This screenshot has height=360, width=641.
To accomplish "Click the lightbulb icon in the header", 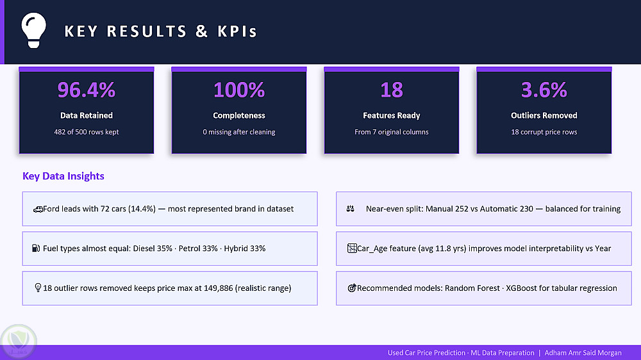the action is (33, 30).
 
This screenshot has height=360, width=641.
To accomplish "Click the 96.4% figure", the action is (87, 90).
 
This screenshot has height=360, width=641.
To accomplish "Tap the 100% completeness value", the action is (238, 90).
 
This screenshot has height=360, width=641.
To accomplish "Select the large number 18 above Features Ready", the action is (391, 90).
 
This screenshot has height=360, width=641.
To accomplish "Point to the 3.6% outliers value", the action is (544, 90).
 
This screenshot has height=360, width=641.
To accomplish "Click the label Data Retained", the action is (87, 116).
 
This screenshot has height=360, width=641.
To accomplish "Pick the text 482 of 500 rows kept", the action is (87, 132).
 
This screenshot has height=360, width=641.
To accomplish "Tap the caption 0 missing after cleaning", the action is (238, 132).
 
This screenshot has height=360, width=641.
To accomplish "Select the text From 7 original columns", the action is (391, 132).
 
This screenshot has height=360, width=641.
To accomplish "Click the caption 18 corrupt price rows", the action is (544, 132).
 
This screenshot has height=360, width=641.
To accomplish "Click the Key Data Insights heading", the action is (63, 176).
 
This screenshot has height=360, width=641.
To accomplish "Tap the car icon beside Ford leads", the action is (38, 209).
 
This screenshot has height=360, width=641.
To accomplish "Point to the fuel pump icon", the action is (36, 248).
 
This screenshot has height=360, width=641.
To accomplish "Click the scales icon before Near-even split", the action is (351, 209).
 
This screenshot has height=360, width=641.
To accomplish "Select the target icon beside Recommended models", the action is (351, 288).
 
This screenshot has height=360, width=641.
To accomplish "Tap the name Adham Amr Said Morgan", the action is (583, 353).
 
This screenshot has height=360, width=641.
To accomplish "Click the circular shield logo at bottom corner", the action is (19, 341).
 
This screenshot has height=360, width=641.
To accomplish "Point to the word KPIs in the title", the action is (237, 31).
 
